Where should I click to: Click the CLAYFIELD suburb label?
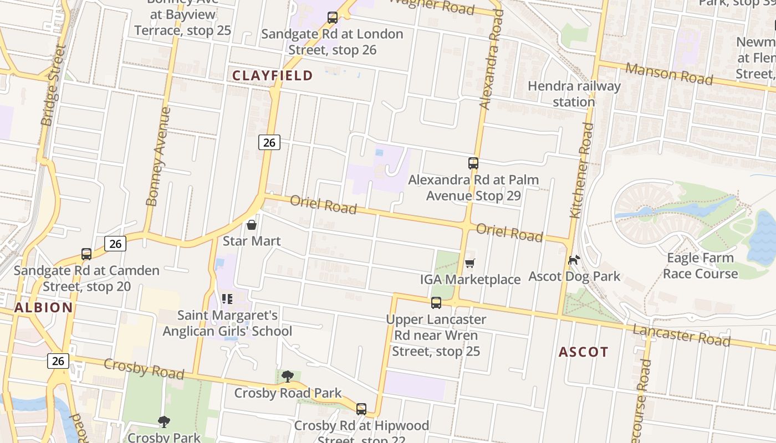click(272, 75)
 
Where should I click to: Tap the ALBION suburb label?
click(44, 308)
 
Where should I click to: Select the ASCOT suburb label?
click(583, 352)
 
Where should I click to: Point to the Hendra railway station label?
click(574, 94)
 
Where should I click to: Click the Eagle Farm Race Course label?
click(700, 265)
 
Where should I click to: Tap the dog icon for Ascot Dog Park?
click(574, 260)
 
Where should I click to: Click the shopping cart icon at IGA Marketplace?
click(470, 263)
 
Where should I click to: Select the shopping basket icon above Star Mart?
click(252, 225)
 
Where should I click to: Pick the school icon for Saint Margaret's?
click(227, 299)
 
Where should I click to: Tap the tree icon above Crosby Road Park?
click(287, 377)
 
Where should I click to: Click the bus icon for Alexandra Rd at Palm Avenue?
click(473, 163)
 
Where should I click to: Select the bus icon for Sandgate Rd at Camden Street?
click(86, 254)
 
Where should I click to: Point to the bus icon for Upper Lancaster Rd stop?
click(436, 303)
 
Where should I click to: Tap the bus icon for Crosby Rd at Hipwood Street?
click(361, 409)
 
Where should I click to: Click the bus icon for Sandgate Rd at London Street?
click(332, 18)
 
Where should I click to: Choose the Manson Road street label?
click(669, 74)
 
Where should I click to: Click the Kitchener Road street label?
click(581, 171)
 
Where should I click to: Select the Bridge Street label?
click(54, 85)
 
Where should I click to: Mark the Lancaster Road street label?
click(682, 336)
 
